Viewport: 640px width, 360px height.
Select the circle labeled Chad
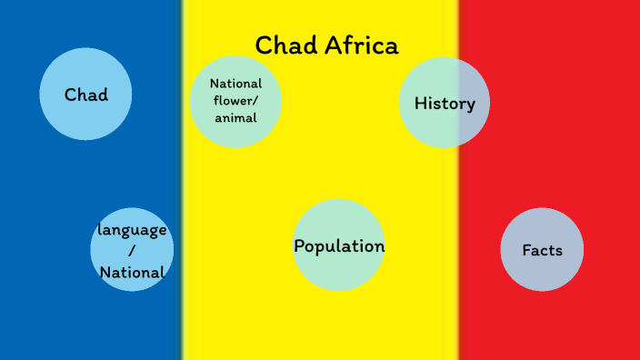pyautogui.click(x=85, y=95)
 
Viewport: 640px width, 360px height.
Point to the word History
pyautogui.click(x=445, y=104)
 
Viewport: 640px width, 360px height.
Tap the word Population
pyautogui.click(x=339, y=246)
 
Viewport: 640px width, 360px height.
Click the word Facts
pyautogui.click(x=542, y=250)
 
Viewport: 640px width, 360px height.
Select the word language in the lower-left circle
pyautogui.click(x=132, y=229)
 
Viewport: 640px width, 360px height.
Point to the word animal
pyautogui.click(x=235, y=117)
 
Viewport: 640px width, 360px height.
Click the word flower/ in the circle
pyautogui.click(x=235, y=100)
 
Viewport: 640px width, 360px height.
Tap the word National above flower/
pyautogui.click(x=235, y=84)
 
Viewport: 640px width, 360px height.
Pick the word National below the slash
pyautogui.click(x=132, y=272)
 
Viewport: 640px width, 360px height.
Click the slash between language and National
pyautogui.click(x=132, y=250)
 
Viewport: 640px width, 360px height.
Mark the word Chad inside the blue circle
pyautogui.click(x=85, y=95)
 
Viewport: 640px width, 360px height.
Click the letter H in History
pyautogui.click(x=420, y=104)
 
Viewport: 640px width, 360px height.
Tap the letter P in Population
pyautogui.click(x=299, y=246)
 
